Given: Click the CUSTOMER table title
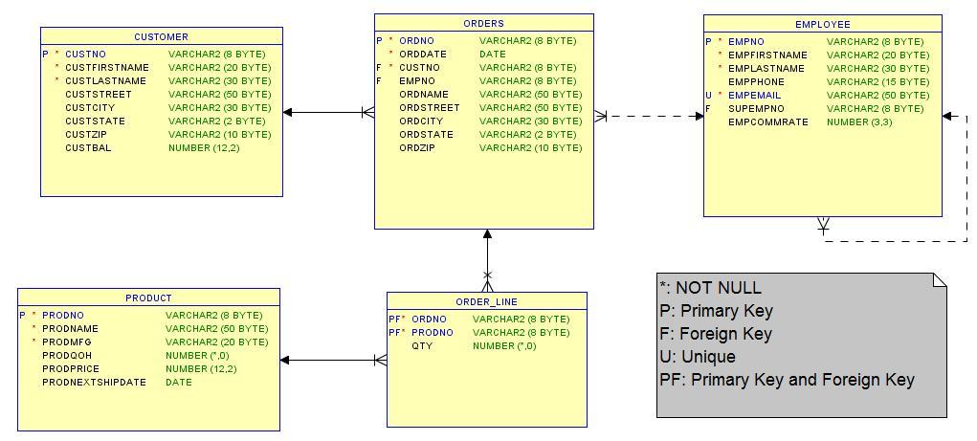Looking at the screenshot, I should click(161, 36).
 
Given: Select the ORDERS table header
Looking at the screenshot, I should click(483, 23).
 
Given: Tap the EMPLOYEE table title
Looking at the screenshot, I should click(822, 24).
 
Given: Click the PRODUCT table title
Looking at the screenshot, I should click(148, 298).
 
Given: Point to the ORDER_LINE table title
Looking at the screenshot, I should click(486, 301).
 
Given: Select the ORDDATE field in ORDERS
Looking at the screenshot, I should click(423, 55).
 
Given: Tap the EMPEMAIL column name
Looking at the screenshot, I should click(754, 96).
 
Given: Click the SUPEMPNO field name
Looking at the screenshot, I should click(756, 109).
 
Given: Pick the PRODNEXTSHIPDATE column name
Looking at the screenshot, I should click(94, 382).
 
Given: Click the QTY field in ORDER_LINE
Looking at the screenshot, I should click(422, 346).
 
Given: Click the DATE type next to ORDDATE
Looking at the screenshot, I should click(493, 55).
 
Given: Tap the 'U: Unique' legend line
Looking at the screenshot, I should click(698, 357).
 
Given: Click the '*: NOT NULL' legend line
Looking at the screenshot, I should click(710, 288).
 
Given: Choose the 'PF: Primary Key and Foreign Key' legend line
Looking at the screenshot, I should click(787, 380).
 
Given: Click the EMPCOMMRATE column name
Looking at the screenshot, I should click(767, 122).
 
